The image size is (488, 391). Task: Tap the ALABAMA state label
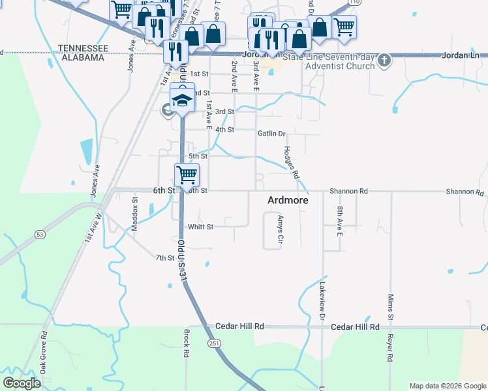click(81, 57)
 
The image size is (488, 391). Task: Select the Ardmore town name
click(288, 201)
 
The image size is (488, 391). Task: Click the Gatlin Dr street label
click(272, 134)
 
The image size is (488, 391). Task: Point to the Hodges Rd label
click(291, 162)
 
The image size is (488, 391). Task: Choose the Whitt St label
click(201, 227)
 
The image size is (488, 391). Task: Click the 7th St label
click(164, 258)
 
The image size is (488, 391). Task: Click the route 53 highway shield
click(40, 233)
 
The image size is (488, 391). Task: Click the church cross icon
click(384, 61)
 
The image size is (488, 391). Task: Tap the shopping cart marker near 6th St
click(187, 174)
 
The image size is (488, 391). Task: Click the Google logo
click(22, 383)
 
